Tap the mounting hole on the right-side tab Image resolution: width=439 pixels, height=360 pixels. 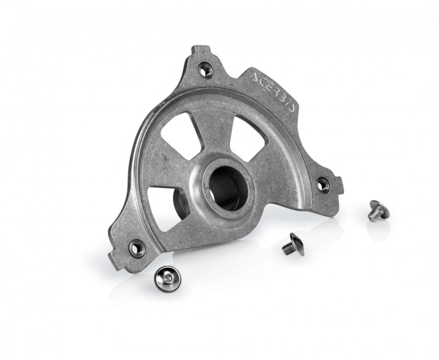(x=323, y=184)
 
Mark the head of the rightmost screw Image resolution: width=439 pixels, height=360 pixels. (x=377, y=206)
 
